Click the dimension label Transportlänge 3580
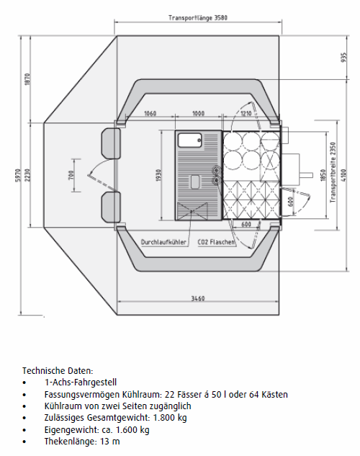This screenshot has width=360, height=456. tap(198, 18)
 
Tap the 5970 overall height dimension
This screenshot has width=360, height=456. tap(17, 175)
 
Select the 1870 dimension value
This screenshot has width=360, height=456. tap(27, 79)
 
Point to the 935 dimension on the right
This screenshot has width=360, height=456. tap(343, 58)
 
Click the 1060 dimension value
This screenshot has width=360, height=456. tap(150, 113)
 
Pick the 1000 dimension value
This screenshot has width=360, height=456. tap(199, 113)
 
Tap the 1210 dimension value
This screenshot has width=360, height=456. tap(246, 113)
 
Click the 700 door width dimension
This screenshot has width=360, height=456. tap(71, 175)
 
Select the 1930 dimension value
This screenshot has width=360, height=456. tap(158, 175)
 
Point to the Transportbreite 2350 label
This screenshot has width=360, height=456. tap(333, 172)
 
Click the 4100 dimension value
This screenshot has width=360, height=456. tap(343, 175)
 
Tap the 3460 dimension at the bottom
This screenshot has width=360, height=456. tap(198, 298)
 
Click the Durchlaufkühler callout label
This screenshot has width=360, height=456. tap(163, 242)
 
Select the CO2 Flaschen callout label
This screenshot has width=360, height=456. tap(216, 242)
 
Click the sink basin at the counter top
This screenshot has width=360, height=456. tap(189, 140)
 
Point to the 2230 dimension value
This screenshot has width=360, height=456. tap(27, 175)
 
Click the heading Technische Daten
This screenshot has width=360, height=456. tap(58, 371)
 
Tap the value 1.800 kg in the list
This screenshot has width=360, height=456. tap(170, 418)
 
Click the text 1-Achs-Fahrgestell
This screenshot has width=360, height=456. tap(81, 383)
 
